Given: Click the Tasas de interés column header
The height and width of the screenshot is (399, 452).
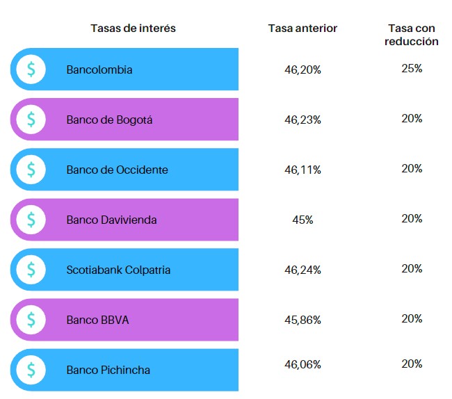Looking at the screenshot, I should (x=133, y=28).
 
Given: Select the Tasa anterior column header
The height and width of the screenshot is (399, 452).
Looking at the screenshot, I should (x=302, y=28).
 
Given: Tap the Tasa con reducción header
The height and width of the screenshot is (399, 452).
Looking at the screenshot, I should (x=412, y=35).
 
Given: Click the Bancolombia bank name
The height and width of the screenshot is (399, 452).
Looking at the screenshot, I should (x=99, y=70).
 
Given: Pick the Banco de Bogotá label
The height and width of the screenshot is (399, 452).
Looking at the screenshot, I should (x=109, y=120).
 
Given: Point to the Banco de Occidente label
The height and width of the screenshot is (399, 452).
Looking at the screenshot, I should (x=117, y=170).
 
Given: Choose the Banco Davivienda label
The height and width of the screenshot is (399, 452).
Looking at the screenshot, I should (x=111, y=220).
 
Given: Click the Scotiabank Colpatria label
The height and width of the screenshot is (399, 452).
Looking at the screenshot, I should (x=118, y=270).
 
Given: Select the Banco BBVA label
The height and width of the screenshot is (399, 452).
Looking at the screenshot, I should (x=97, y=320).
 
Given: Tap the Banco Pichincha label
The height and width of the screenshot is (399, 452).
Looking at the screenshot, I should (x=108, y=370).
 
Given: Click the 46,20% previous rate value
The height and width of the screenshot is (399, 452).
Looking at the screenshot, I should (x=302, y=70).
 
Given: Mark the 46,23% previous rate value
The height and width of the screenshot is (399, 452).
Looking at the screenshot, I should (x=302, y=120).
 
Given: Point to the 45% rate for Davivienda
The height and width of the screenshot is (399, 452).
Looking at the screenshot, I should (x=302, y=220).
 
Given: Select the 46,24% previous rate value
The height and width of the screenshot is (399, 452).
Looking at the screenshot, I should (x=302, y=270).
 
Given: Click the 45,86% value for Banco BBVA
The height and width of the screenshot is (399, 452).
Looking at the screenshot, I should (x=302, y=320).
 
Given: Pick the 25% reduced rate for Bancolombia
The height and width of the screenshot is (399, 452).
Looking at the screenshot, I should (x=412, y=68).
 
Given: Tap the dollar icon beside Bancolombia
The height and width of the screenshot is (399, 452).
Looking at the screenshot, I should (x=31, y=70).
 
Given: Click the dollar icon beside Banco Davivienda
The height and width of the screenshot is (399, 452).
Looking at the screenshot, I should (x=31, y=220).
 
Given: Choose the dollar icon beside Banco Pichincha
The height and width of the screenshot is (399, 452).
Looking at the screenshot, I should (x=31, y=370).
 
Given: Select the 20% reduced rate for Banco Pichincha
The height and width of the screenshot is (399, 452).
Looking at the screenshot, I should (x=412, y=364).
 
